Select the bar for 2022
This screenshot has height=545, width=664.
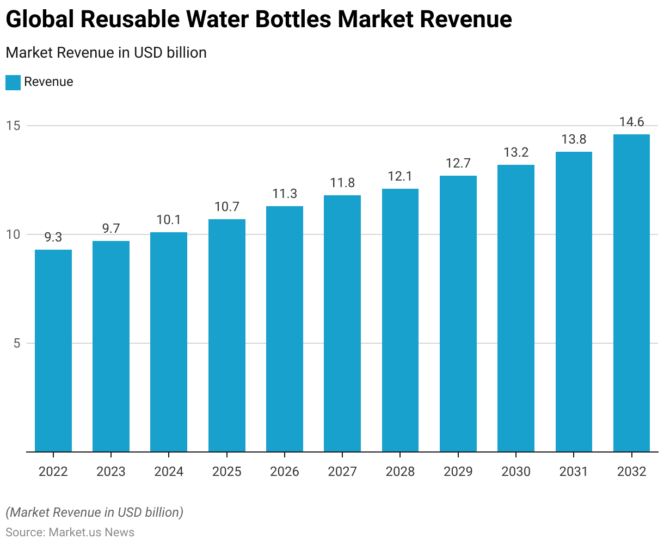tap(53, 351)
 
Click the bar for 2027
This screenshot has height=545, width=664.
tap(342, 324)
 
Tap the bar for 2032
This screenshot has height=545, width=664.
tap(631, 293)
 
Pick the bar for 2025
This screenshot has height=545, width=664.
tap(226, 336)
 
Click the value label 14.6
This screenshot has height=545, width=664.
tap(631, 122)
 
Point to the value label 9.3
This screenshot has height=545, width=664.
tap(53, 237)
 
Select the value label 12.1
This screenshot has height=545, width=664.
tap(400, 176)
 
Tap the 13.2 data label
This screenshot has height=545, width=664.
tap(516, 152)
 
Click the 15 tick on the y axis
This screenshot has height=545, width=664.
tap(13, 126)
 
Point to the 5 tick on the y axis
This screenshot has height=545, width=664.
tap(16, 343)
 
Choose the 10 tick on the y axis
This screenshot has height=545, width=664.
tap(13, 234)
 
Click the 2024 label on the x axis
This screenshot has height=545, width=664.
tap(169, 472)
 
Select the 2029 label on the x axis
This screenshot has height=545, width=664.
tap(458, 472)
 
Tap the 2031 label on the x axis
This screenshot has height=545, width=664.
tap(574, 472)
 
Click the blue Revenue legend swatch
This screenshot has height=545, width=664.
tap(13, 83)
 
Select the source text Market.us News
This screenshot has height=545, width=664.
tap(91, 532)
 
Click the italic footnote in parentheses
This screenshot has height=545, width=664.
tap(95, 512)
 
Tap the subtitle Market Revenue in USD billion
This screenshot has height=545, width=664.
tap(106, 53)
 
